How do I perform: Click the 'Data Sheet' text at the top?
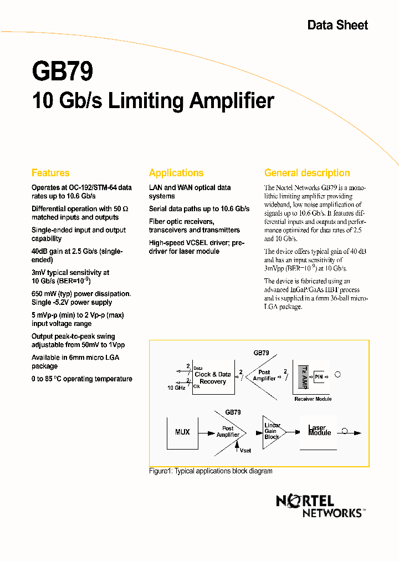(x=337, y=25)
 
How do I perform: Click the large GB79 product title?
(x=62, y=72)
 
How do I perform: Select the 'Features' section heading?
(x=50, y=173)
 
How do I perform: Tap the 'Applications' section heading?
(x=176, y=173)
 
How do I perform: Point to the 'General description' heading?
(x=307, y=173)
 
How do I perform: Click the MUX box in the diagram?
(x=182, y=432)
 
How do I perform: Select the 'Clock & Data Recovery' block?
(x=213, y=378)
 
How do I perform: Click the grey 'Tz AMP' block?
(x=304, y=376)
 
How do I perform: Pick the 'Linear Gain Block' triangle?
(x=271, y=432)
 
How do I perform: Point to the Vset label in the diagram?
(x=245, y=451)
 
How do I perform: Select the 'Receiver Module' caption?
(x=313, y=399)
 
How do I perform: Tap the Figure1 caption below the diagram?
(x=211, y=471)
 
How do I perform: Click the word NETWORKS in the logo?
(x=332, y=513)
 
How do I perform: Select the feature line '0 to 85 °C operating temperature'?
(x=82, y=379)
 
